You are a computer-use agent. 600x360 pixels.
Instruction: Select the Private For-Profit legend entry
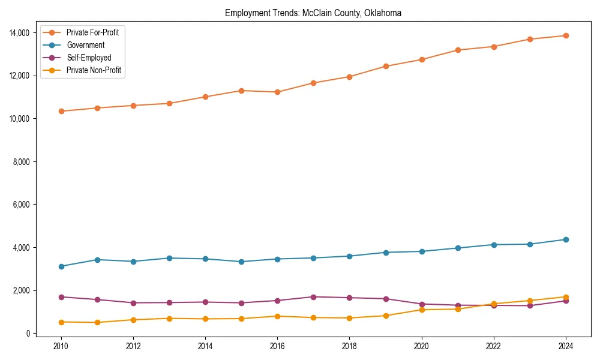click(x=92, y=32)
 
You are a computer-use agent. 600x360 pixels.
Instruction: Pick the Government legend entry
click(x=85, y=45)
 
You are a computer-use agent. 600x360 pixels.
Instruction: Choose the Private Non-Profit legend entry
click(x=94, y=70)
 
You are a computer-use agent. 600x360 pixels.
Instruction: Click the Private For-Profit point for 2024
click(x=566, y=35)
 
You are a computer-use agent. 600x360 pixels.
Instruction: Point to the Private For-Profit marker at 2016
click(x=277, y=92)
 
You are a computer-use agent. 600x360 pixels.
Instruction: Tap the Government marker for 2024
click(x=566, y=239)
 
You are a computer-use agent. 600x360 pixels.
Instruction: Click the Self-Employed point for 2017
click(x=313, y=297)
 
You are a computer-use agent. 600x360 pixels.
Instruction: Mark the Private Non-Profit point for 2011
click(x=97, y=322)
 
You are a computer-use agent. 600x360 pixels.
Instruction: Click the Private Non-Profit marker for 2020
click(x=422, y=310)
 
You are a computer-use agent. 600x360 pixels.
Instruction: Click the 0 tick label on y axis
click(x=28, y=334)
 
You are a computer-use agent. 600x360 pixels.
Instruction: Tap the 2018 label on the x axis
click(x=349, y=346)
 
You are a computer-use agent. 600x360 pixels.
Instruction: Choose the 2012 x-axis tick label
click(x=133, y=346)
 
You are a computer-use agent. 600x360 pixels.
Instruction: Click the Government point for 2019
click(x=386, y=253)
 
